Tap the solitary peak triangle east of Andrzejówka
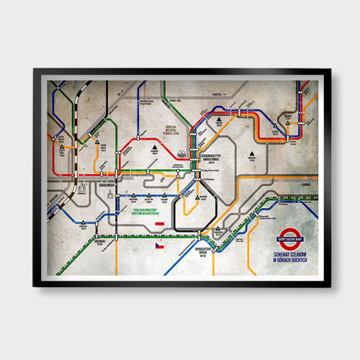pos(251,153)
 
